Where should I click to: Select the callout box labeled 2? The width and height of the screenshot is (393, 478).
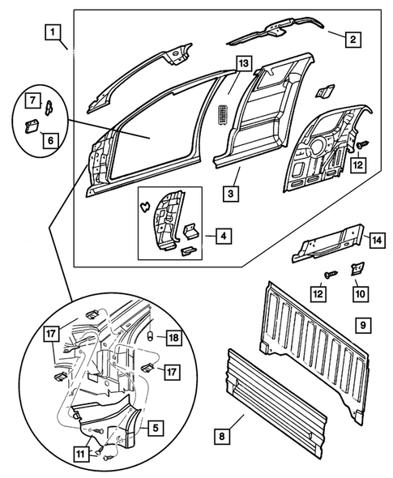point(352,37)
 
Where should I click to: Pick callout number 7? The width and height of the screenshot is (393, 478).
point(32,100)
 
